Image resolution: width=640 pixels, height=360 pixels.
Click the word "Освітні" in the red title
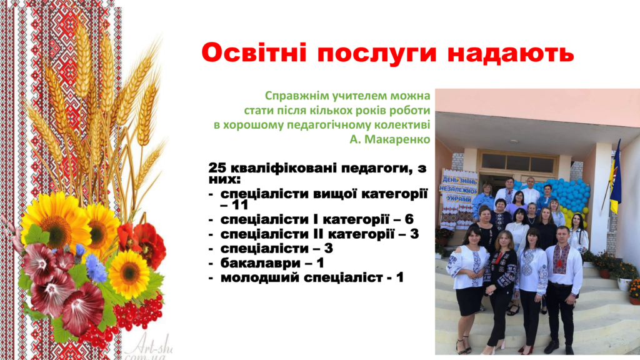point(254,52)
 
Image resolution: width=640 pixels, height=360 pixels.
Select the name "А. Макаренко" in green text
point(390,139)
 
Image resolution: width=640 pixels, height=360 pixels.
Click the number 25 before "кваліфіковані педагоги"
point(217,167)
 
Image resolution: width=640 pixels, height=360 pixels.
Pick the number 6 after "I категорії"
point(409,219)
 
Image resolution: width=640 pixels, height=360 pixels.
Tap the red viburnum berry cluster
point(138,313)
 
